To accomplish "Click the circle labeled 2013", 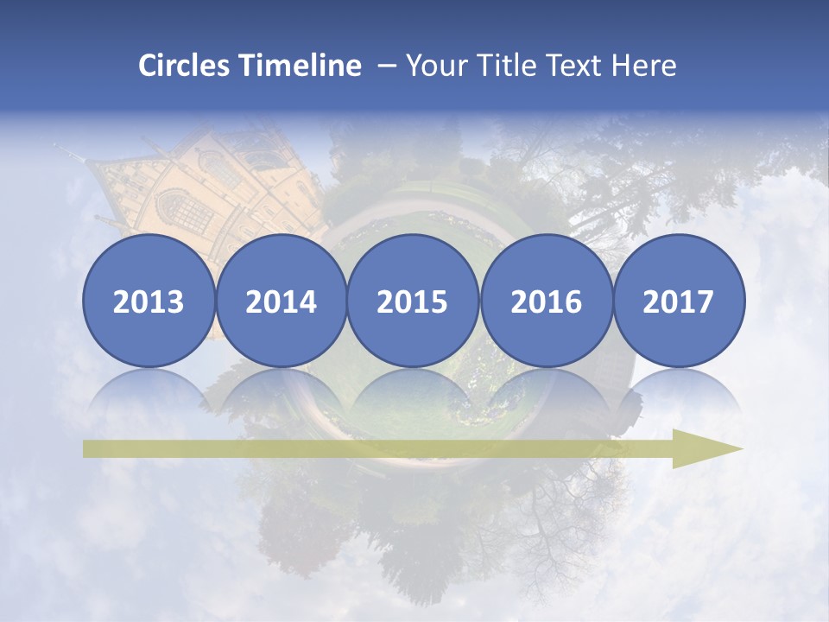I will pyautogui.click(x=149, y=301).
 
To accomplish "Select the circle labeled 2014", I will pyautogui.click(x=282, y=301).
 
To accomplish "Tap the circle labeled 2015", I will pyautogui.click(x=413, y=301).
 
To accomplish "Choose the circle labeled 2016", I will pyautogui.click(x=547, y=301).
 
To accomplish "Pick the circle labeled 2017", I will pyautogui.click(x=679, y=301).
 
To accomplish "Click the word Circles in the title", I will pyautogui.click(x=184, y=66).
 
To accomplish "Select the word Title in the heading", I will pyautogui.click(x=503, y=66).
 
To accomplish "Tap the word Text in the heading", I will pyautogui.click(x=573, y=66).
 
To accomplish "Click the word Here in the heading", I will pyautogui.click(x=644, y=66).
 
